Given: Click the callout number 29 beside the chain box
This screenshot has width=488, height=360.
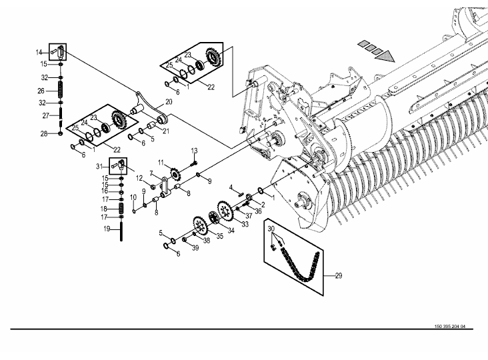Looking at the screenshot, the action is [338, 276].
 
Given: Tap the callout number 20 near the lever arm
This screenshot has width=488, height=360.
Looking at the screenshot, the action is [169, 102].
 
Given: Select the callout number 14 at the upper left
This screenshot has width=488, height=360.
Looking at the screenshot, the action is [39, 53].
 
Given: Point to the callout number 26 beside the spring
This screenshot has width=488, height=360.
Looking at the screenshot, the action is [41, 91].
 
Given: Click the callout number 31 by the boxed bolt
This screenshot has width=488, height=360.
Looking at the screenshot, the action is [99, 167].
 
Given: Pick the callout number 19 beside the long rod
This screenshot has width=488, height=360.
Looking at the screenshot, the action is [107, 229].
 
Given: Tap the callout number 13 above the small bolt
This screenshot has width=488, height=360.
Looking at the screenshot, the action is [194, 151].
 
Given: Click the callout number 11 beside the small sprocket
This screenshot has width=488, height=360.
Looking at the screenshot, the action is [161, 163].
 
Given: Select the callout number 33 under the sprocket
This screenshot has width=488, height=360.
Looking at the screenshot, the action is [245, 224].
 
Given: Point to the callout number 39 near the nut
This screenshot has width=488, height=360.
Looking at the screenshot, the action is [195, 248].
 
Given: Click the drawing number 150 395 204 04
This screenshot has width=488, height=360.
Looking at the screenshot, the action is [450, 327].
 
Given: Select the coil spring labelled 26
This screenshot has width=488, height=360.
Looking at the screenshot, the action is [61, 89].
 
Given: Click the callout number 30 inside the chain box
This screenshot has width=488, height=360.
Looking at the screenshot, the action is [271, 229].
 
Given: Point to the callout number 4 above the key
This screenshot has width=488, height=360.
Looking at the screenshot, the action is [231, 187].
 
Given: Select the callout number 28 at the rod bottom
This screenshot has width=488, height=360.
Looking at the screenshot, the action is [44, 134].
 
